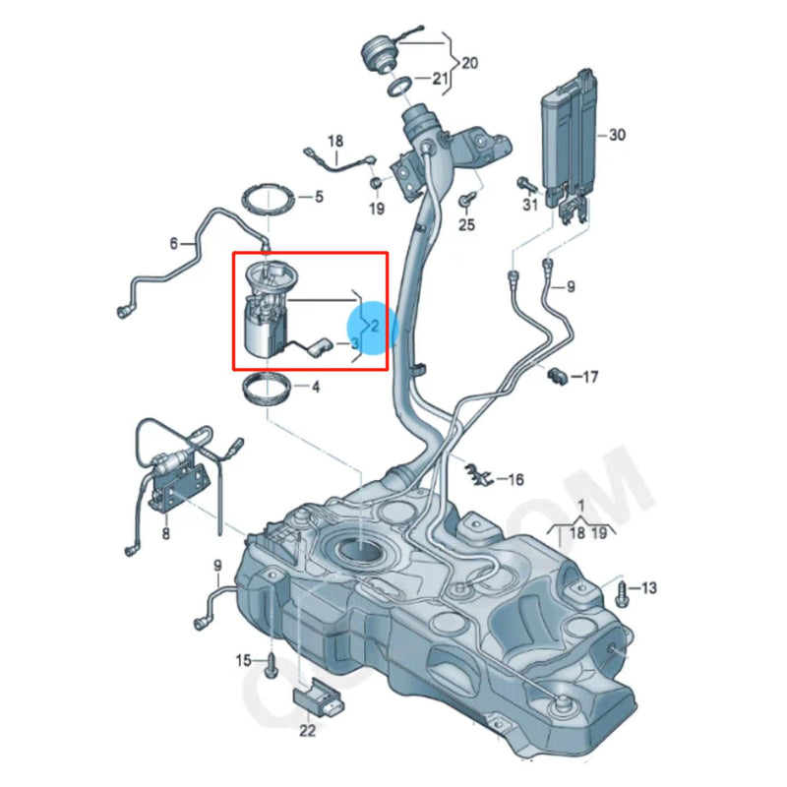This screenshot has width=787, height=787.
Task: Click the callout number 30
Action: coord(617,135)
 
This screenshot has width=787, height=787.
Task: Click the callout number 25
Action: coord(466,225)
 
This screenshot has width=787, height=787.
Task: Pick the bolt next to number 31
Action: coord(523,183)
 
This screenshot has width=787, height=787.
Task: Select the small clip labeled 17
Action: coord(558,376)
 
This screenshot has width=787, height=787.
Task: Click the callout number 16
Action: coord(515,480)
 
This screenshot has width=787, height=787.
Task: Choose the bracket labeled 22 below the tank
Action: coord(320,701)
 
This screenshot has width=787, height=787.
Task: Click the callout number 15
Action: coord(243,659)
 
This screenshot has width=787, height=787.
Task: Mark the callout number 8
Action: coord(165,534)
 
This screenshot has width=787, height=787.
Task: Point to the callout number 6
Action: coord(174,243)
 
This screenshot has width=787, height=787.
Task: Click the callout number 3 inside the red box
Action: coord(354,343)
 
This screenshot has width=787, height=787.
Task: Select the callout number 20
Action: coord(469,63)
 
